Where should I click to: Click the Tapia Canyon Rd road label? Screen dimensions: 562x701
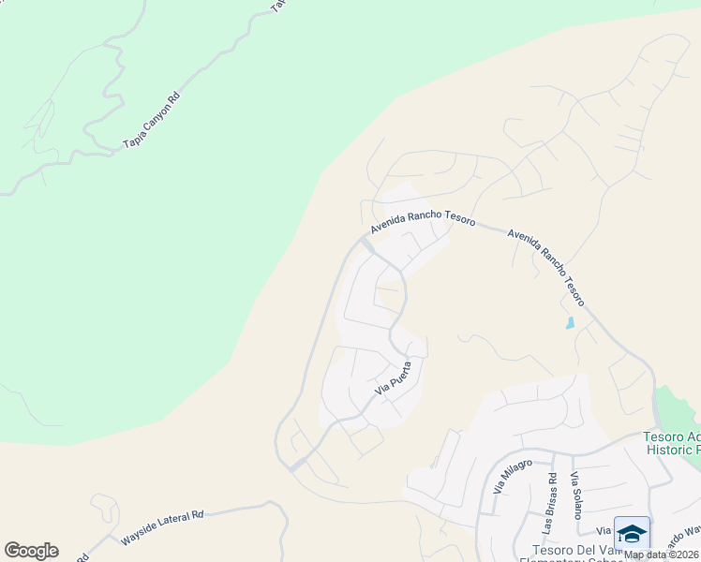(150, 121)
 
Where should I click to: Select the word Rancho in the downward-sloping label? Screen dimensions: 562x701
(550, 265)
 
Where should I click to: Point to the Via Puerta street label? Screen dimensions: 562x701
(394, 377)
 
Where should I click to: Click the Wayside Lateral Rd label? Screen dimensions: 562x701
(162, 528)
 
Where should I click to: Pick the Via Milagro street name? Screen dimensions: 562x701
(511, 477)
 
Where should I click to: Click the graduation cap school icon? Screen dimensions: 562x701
(632, 533)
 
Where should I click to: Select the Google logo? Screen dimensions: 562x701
(31, 551)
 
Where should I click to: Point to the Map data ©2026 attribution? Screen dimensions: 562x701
(662, 555)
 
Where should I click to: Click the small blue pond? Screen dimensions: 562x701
(570, 324)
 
